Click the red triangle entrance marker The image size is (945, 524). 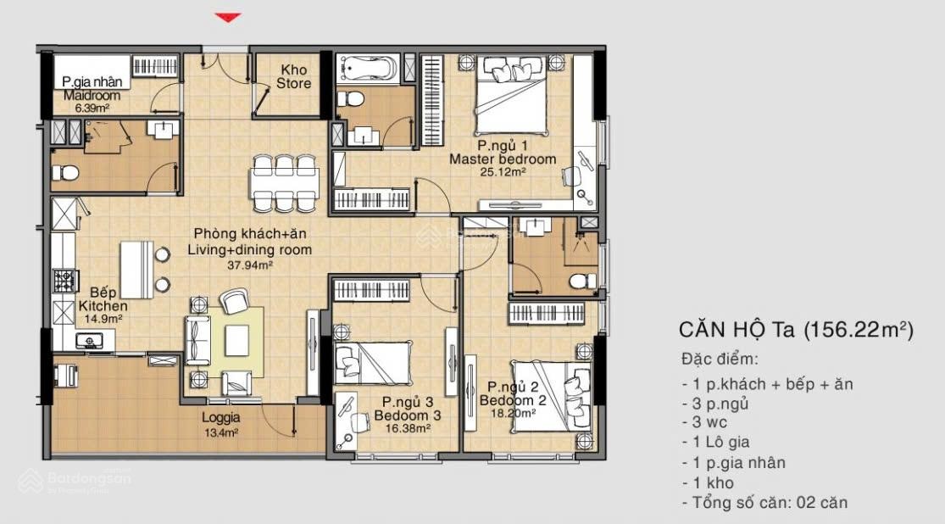(228, 18)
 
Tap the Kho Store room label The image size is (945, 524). (293, 76)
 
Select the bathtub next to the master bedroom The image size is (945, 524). (368, 68)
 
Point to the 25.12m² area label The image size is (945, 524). (503, 172)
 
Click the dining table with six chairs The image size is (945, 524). (284, 182)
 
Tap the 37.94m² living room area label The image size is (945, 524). (249, 265)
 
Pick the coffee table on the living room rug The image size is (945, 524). (236, 341)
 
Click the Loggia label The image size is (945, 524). (220, 417)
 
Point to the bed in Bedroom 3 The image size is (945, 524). (372, 362)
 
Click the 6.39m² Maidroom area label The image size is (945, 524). (92, 109)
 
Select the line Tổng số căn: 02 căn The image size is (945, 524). (764, 502)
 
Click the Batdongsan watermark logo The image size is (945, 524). (75, 481)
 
